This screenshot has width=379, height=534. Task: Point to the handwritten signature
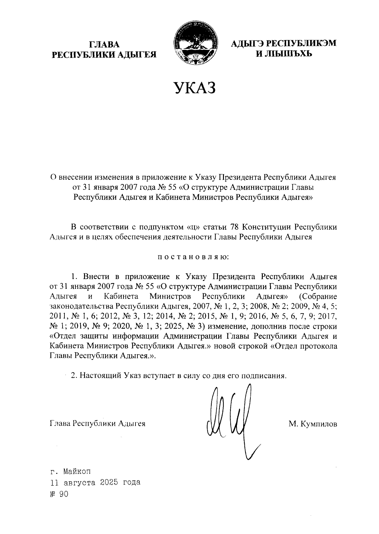pos(232,418)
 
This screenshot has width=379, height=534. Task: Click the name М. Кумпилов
pos(312,424)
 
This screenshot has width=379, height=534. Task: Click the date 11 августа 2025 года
pos(95,483)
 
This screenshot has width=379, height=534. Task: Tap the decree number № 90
pos(59,494)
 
